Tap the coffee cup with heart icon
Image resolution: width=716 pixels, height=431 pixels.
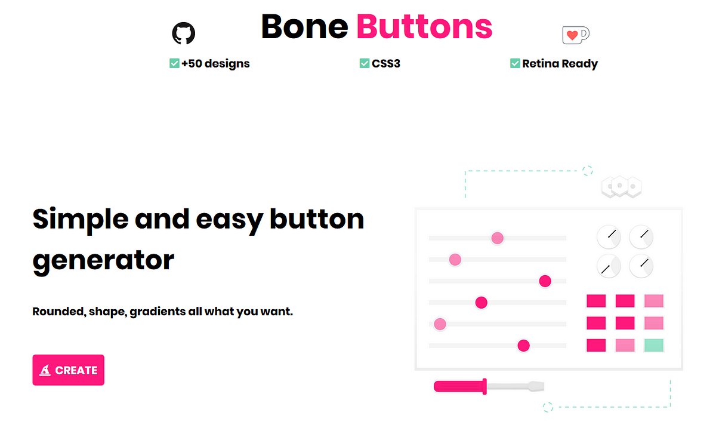[x=575, y=35]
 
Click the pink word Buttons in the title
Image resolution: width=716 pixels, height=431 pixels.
[x=424, y=27]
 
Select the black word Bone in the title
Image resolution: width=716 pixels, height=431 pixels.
[x=304, y=27]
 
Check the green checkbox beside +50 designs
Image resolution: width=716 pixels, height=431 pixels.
[x=175, y=63]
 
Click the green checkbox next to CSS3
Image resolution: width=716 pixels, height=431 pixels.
[x=365, y=63]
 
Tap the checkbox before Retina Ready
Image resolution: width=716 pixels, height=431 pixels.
[x=515, y=63]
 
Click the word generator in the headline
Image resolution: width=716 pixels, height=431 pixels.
[x=103, y=260]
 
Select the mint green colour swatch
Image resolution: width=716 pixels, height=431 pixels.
[x=654, y=345]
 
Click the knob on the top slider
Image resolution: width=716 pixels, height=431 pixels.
[x=497, y=238]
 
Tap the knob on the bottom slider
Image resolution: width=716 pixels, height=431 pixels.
[x=523, y=345]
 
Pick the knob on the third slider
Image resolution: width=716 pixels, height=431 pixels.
[x=545, y=281]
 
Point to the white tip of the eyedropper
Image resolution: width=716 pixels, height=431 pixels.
[x=535, y=387]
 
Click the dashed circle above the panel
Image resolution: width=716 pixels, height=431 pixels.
[x=588, y=171]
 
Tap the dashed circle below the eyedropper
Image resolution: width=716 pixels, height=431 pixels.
[x=548, y=407]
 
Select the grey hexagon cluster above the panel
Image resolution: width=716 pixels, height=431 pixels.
[x=621, y=187]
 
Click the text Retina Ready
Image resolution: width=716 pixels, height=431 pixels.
[x=560, y=64]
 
